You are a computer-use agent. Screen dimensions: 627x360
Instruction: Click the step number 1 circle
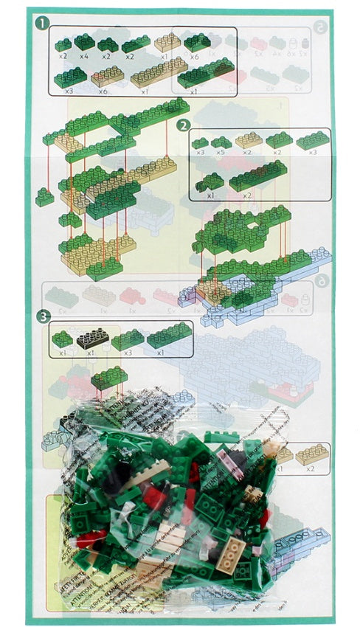coord(41,24)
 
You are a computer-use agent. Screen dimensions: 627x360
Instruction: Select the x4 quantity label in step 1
coord(83,56)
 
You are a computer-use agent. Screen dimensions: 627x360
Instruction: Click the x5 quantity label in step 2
coord(221,153)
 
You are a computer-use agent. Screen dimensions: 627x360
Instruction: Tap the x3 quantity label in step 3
coord(127,353)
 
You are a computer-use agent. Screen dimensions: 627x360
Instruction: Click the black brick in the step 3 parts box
coord(92,339)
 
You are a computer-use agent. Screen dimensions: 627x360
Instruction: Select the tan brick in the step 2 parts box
coord(249,139)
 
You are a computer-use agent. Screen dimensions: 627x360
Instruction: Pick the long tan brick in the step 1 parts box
coord(159,72)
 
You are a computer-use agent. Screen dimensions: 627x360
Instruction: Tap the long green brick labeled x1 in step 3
coord(170,335)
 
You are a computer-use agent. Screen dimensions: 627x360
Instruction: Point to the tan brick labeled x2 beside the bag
coord(312,454)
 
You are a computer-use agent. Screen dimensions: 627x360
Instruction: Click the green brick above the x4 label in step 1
coord(84,42)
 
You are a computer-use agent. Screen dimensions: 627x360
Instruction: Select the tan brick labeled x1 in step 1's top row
coord(168,42)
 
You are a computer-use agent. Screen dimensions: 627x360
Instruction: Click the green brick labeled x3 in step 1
coord(70,76)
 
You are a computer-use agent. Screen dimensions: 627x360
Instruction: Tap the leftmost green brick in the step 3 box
coord(62,339)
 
